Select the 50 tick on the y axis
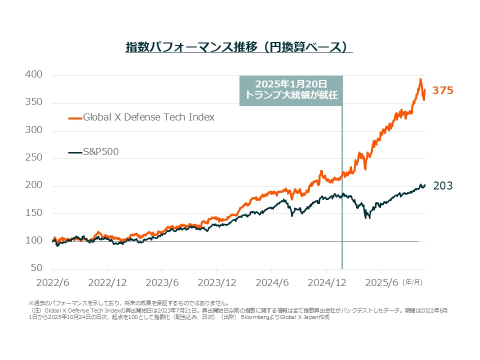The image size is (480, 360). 37,268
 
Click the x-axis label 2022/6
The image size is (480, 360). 52,282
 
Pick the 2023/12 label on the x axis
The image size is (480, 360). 217,282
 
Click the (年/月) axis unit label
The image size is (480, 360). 413,282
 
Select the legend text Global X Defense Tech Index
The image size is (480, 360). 148,117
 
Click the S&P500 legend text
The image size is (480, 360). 101,152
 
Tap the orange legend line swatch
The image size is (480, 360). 75,118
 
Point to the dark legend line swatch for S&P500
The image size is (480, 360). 75,152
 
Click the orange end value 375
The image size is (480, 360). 442,90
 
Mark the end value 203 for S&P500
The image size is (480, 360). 442,186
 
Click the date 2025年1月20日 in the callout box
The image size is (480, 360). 291,84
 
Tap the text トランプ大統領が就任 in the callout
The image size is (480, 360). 291,95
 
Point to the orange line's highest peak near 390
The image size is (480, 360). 420,79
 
